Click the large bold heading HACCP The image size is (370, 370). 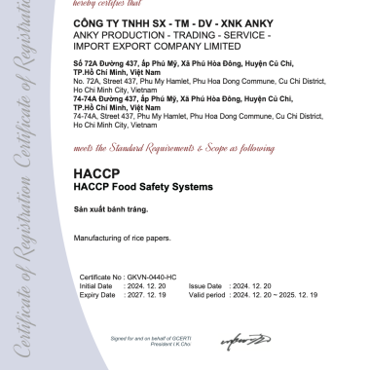[93, 174]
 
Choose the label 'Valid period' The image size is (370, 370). [205, 293]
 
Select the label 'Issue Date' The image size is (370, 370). [203, 285]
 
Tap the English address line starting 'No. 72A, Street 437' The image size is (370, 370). [184, 80]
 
